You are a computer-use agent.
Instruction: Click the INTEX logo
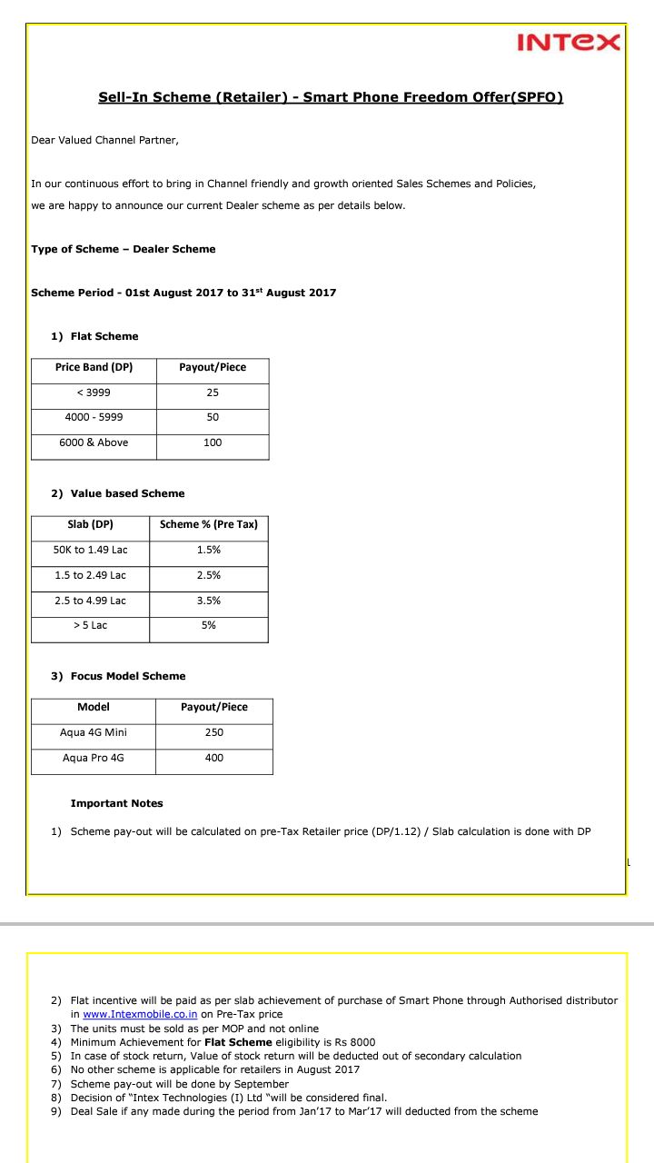(x=569, y=42)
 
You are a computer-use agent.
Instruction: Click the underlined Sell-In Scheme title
(x=331, y=97)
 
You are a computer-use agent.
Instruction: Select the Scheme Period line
(x=183, y=293)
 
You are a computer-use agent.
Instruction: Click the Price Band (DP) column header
(x=94, y=367)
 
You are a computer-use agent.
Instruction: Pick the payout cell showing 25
(x=213, y=393)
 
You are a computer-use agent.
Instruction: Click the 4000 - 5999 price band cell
(x=94, y=417)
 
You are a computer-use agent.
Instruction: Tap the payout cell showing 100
(x=213, y=442)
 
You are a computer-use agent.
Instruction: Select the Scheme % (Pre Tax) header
(x=208, y=524)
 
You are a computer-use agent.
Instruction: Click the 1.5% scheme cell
(x=208, y=550)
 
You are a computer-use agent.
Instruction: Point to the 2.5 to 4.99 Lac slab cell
(x=90, y=601)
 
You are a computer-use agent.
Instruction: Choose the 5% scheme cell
(x=208, y=625)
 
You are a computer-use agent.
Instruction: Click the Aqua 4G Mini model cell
(x=94, y=732)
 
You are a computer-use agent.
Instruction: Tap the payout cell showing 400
(x=213, y=758)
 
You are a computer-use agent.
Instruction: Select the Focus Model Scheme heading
(x=127, y=676)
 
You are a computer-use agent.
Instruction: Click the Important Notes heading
(x=116, y=803)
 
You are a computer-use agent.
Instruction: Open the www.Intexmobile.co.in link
(x=140, y=1014)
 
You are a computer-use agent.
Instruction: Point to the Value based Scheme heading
(x=127, y=493)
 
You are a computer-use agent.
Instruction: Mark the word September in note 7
(x=263, y=1084)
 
